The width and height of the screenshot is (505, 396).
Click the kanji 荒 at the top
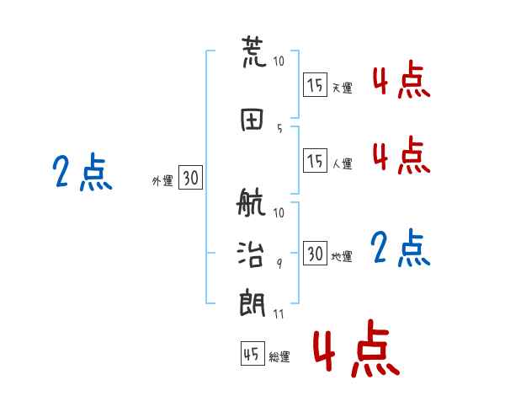[x=254, y=51]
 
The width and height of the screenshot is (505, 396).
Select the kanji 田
[x=252, y=120]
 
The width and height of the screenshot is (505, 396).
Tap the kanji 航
[x=251, y=202]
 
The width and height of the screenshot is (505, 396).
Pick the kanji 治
[x=251, y=254]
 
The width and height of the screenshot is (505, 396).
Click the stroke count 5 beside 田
[x=279, y=129]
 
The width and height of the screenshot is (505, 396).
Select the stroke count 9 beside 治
[x=279, y=264]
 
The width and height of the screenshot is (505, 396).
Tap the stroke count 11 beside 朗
[x=279, y=313]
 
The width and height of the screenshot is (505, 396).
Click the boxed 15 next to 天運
[x=315, y=84]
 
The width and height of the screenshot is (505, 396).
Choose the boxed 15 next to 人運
[x=315, y=160]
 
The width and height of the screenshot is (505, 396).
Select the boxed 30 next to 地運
[x=315, y=253]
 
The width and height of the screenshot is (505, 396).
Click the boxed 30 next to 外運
[x=190, y=177]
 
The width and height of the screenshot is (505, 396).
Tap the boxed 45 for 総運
[x=252, y=353]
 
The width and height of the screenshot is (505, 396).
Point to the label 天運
[x=343, y=88]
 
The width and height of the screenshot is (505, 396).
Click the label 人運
[x=343, y=163]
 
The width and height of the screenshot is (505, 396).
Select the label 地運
[x=342, y=257]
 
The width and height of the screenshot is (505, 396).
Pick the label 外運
[x=162, y=181]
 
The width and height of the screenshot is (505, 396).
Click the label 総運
[x=279, y=357]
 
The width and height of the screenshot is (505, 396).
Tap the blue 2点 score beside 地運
[x=401, y=248]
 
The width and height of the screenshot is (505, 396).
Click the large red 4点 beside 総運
[x=357, y=348]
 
